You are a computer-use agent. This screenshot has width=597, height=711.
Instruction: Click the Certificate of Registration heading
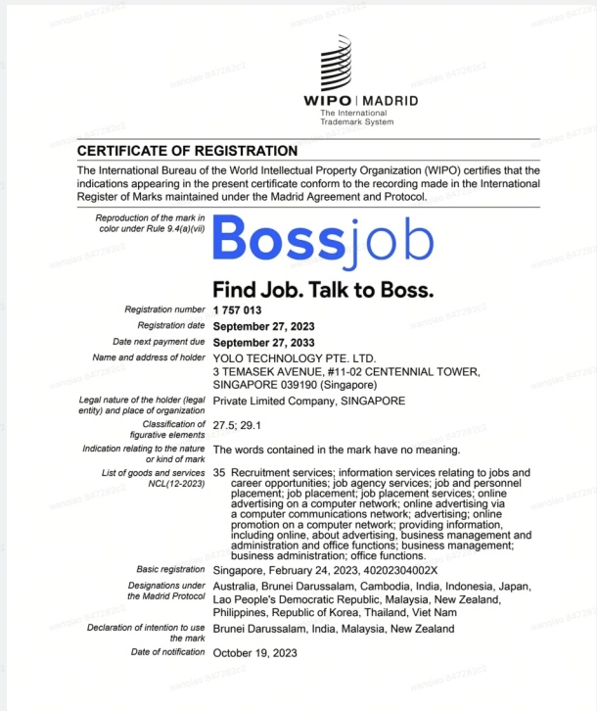187,151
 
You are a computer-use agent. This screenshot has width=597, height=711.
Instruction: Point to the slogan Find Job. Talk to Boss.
323,291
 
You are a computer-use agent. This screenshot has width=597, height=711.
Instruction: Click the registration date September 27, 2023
263,326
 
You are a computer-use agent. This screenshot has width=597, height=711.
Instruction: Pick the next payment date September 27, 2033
263,342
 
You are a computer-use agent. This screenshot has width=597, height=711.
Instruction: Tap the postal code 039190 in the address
304,386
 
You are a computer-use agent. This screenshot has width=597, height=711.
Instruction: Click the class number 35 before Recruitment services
219,472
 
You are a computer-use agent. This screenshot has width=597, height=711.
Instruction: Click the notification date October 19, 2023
254,652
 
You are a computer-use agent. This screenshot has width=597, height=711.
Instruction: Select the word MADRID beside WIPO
391,101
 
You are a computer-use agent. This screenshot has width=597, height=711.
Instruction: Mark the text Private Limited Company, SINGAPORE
308,401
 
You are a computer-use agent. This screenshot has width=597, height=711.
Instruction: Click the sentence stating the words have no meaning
336,450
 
